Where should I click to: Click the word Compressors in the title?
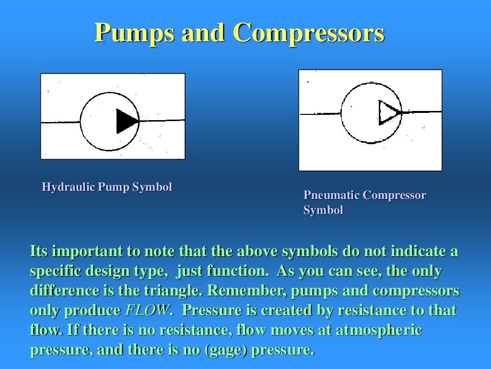(x=309, y=34)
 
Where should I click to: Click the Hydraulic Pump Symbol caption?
(x=107, y=187)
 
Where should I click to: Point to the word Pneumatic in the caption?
(x=331, y=196)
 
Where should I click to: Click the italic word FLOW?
(x=147, y=310)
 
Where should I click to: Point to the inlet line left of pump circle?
(x=60, y=122)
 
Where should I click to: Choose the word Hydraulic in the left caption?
(x=69, y=187)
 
